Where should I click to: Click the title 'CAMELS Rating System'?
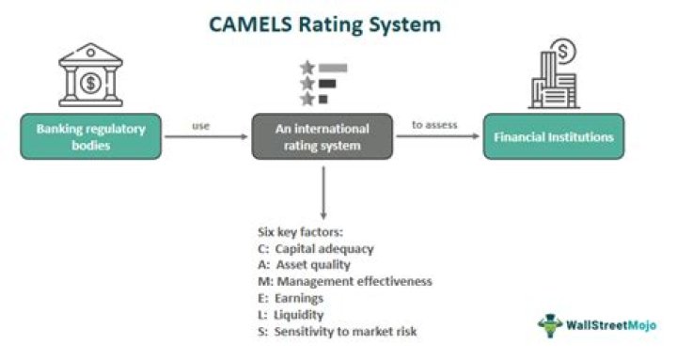coord(338,23)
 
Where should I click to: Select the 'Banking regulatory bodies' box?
coord(90,136)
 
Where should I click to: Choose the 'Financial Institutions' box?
coord(554,136)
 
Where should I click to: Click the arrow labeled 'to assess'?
coord(437,137)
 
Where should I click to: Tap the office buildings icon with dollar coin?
coord(558,74)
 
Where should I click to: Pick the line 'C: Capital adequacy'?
coord(316,249)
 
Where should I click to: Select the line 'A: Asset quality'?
coord(305,265)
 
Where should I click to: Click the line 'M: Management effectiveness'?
coord(344,282)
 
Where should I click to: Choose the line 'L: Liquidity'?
coord(293,316)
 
